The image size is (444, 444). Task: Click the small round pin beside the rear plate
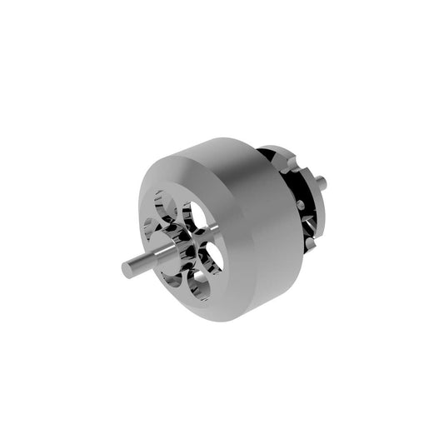[x=300, y=204]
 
